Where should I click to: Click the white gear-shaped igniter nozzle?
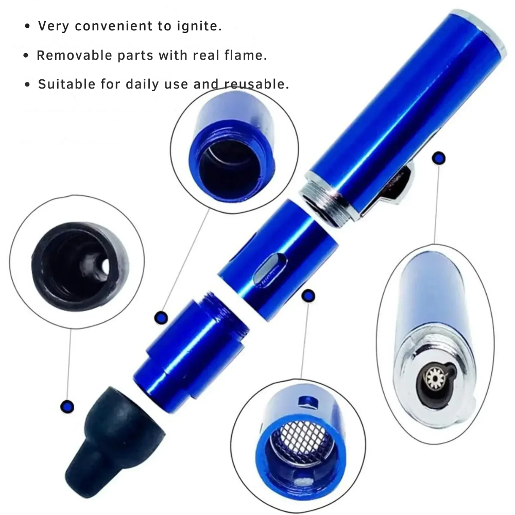[x=435, y=377]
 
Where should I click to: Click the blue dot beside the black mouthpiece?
[x=67, y=407]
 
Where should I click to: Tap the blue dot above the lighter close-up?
[x=438, y=159]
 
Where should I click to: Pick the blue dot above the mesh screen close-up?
[x=308, y=296]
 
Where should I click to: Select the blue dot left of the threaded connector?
[x=161, y=318]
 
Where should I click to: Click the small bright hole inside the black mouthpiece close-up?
[x=106, y=266]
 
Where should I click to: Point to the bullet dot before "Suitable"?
[x=27, y=85]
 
